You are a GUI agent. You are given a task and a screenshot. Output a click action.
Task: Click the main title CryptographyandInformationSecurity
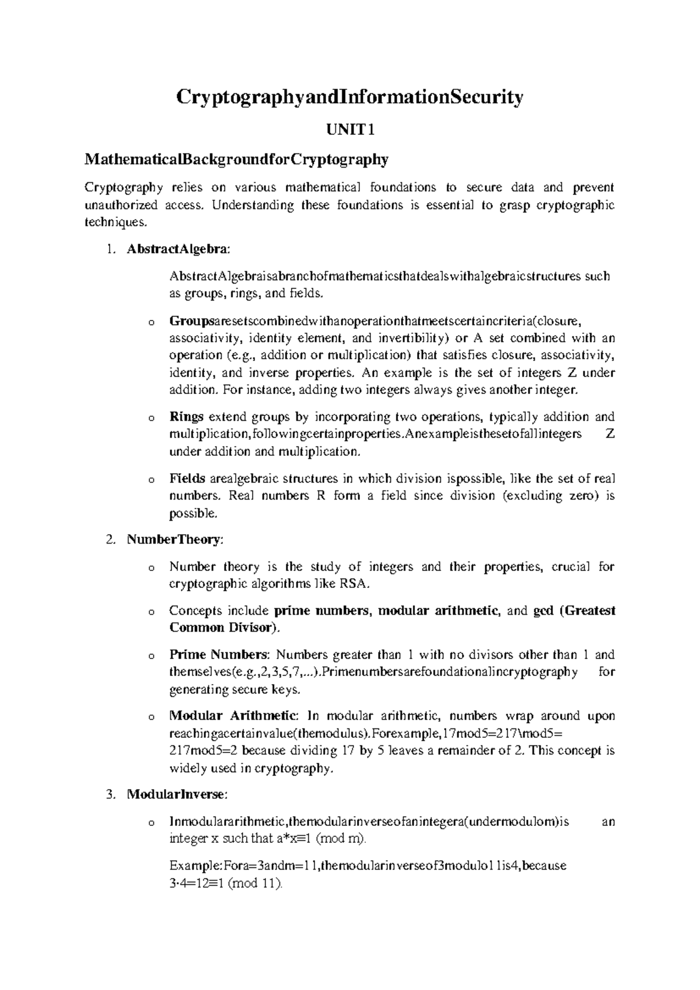[x=350, y=97]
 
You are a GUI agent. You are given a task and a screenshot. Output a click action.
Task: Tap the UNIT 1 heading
[x=350, y=130]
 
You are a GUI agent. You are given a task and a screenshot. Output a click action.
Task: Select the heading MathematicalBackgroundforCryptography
[x=236, y=159]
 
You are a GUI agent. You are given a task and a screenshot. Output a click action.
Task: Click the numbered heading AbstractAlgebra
[x=177, y=249]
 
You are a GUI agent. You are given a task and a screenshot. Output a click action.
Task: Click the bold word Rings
[x=186, y=417]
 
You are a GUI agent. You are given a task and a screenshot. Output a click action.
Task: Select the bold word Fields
[x=187, y=479]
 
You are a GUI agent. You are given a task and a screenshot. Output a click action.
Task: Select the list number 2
[x=110, y=540]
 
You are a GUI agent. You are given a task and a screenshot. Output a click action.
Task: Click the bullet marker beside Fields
[x=152, y=480]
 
